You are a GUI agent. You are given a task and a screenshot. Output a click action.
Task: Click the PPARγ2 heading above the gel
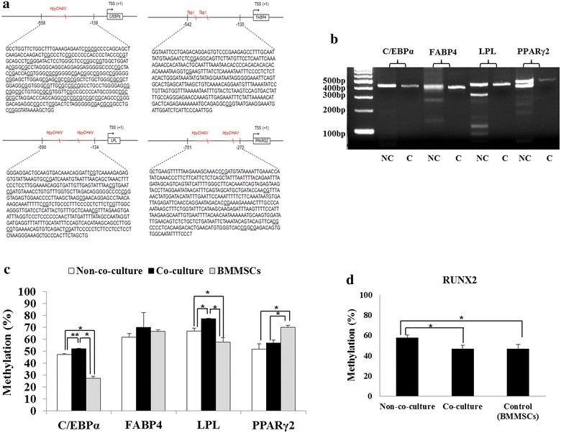click(x=516, y=51)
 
